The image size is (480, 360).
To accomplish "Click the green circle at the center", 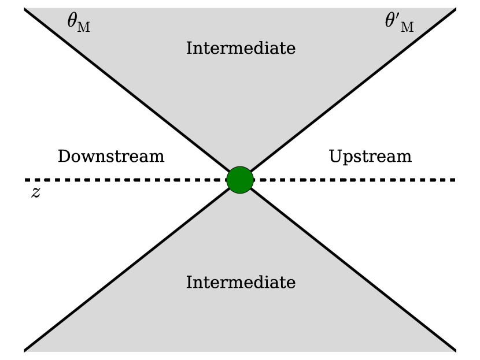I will (240, 180).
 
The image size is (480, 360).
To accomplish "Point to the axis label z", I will (35, 193).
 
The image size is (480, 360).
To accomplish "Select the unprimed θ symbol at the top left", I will (74, 23).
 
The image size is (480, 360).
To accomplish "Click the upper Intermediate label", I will (241, 48).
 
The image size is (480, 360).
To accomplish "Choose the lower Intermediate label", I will (241, 283).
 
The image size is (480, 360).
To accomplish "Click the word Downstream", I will (111, 157).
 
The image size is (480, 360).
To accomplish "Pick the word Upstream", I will (370, 157).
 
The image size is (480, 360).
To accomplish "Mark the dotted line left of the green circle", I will (127, 180).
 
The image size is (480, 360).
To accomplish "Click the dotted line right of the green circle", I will (353, 180).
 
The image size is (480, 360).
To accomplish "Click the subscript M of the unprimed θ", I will (84, 27).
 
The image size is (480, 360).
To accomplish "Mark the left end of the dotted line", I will (27, 180).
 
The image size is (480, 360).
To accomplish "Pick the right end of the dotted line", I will (454, 180).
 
